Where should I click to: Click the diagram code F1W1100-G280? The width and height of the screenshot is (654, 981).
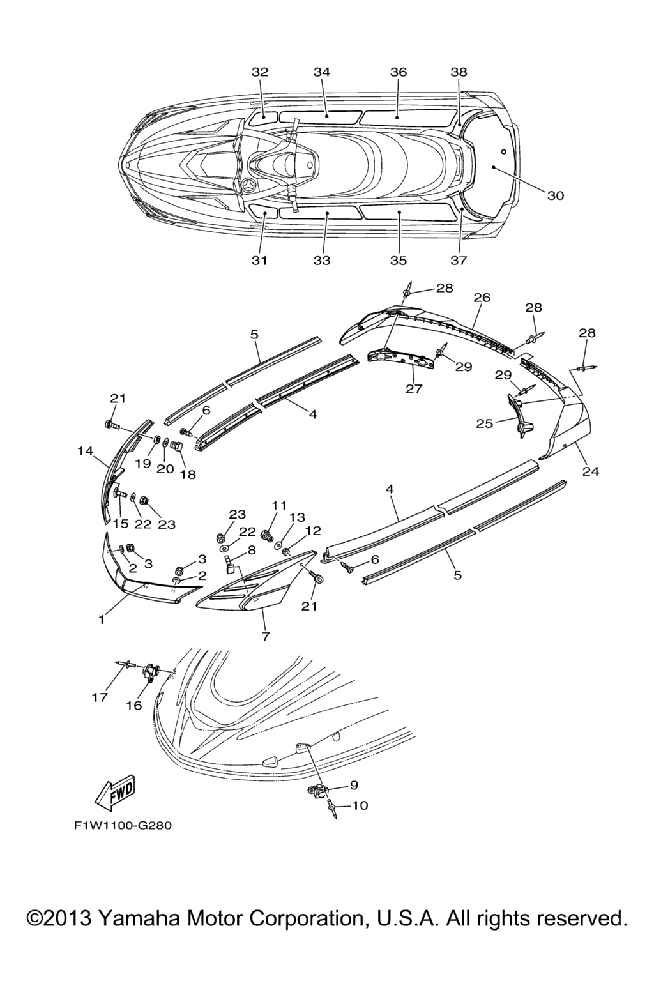pos(123,825)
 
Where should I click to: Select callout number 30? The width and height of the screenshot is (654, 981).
pos(556,195)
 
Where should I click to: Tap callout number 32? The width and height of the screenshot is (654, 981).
pos(260,72)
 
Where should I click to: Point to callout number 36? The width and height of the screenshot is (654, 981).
pos(398,72)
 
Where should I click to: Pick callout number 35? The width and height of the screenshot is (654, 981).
pos(398,261)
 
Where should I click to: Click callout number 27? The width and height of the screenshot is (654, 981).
pos(414,388)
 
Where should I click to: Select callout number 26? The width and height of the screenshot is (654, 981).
pos(482,298)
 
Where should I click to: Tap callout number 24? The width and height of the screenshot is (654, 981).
pos(590,472)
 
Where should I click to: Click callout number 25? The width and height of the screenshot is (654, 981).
pos(484,423)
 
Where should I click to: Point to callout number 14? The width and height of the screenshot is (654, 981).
pos(86,451)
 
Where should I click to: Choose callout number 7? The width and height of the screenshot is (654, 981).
pos(266,636)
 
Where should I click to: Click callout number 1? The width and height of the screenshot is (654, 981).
pos(102,620)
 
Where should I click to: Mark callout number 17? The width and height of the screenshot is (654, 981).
pos(100,697)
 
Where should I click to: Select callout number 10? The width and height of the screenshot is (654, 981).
pos(360,806)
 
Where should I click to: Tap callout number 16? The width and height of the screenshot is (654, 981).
pos(133,705)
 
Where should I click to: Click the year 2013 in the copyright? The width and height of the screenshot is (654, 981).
pos(68,918)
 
